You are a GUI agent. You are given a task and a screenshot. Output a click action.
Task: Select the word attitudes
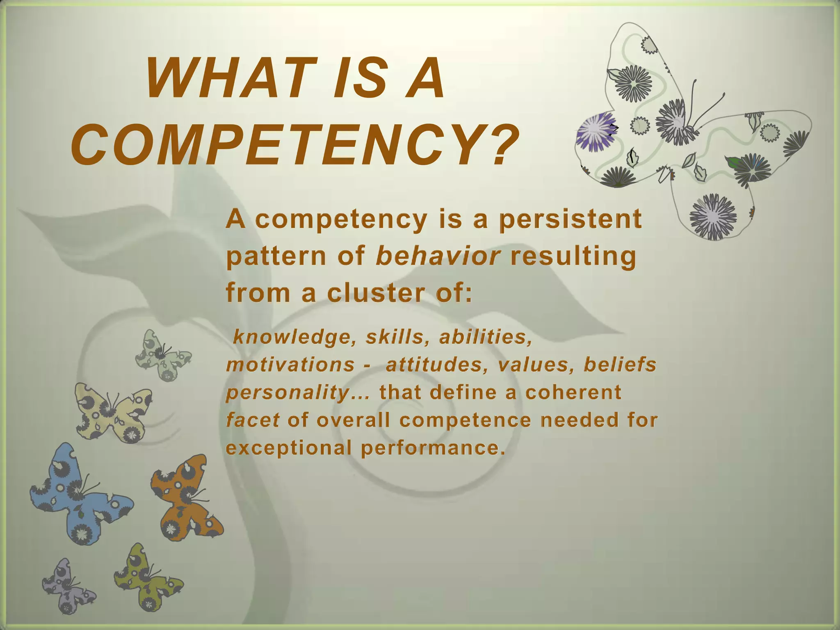437,365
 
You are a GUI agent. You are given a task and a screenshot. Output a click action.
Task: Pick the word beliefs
620,365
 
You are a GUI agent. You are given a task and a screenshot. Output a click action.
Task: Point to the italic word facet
253,420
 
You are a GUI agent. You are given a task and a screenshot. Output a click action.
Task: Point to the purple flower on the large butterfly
596,131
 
